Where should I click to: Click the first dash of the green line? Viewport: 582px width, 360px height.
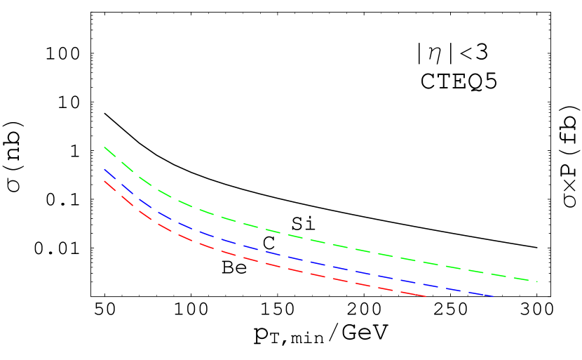[x=109, y=151]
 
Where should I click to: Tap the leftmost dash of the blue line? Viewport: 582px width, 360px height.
[x=108, y=173]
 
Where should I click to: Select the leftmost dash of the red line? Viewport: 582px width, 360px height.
[x=109, y=185]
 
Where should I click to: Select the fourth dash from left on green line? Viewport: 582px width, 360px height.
[x=165, y=193]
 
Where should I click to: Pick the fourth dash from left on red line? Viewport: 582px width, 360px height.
[x=165, y=227]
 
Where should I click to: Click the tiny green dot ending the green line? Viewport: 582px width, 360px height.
[x=537, y=281]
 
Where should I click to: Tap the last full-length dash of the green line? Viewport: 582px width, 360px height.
[x=523, y=279]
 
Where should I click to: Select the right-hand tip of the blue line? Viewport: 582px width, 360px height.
[x=493, y=296]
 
